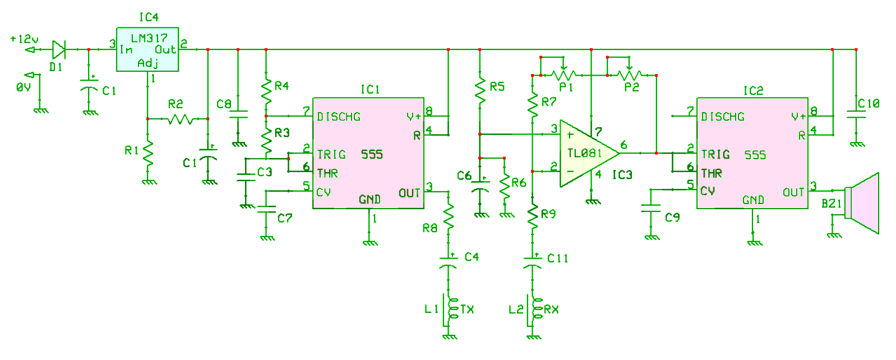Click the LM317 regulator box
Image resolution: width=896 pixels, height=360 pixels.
tap(147, 49)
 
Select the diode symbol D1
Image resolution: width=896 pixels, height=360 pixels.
tap(59, 49)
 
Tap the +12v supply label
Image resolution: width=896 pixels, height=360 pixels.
tap(25, 39)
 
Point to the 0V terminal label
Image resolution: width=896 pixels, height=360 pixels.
tap(23, 87)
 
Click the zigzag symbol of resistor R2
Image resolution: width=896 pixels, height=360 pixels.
tap(181, 119)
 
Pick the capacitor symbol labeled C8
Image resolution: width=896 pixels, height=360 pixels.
tap(238, 114)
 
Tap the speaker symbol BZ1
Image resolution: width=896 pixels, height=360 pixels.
tap(862, 203)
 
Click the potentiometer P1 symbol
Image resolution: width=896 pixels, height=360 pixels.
tap(563, 75)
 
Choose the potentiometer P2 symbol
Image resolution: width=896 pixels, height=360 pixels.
tap(629, 75)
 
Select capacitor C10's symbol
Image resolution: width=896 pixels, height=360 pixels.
tap(856, 114)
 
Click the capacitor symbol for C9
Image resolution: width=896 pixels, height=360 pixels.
tap(651, 208)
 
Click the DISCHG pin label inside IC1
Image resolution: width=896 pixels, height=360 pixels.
tap(339, 117)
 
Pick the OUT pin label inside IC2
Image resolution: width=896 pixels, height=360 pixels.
tap(793, 193)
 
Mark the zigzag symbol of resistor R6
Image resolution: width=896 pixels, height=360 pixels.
tap(505, 186)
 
